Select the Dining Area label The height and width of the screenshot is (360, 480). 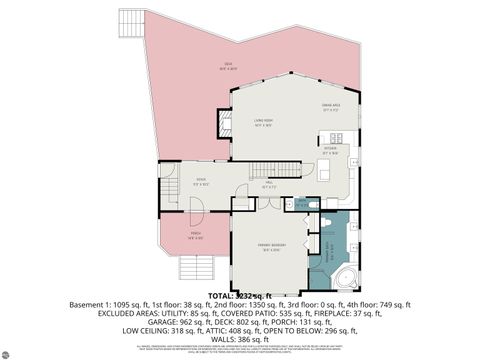click(x=329, y=106)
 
